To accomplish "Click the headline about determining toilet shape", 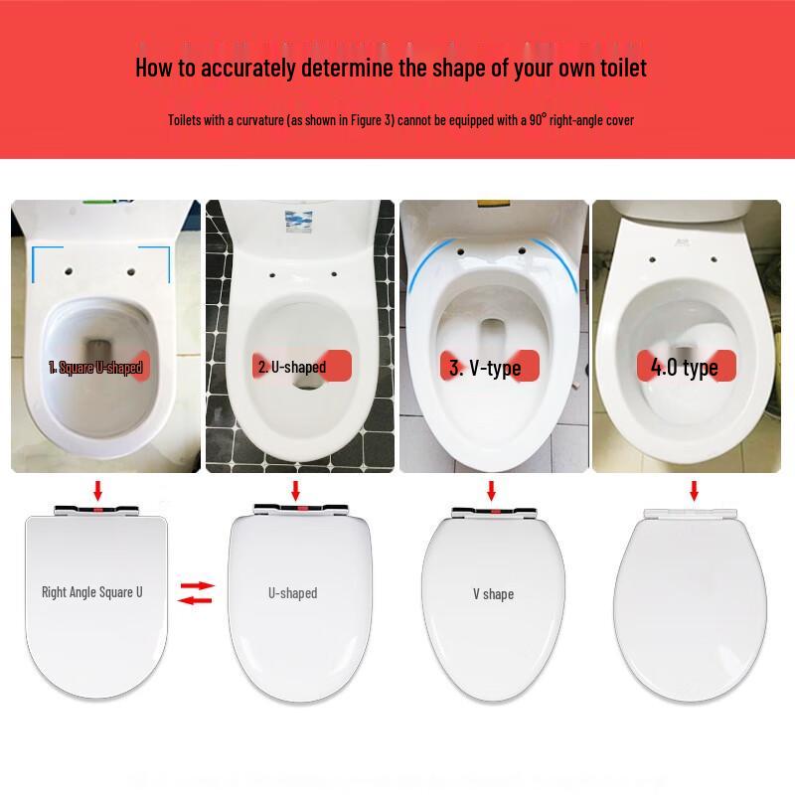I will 391,68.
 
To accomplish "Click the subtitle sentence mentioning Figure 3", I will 400,120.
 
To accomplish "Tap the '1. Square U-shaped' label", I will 95,368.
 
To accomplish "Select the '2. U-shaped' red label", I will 292,368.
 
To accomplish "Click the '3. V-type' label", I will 485,369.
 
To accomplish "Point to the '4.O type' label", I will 685,368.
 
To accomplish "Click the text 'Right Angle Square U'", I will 92,592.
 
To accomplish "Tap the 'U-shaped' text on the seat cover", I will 292,593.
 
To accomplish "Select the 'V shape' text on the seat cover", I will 493,594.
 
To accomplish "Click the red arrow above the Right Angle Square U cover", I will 96,489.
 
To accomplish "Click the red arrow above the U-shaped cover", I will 295,489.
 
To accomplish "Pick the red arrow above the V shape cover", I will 490,489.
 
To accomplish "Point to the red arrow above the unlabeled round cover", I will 694,489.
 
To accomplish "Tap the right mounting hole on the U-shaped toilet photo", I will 333,274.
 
